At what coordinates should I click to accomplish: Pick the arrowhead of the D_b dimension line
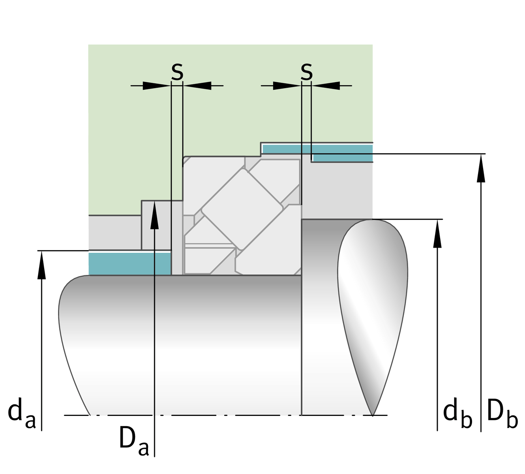481,168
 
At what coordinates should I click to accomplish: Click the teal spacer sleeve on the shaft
129,264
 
